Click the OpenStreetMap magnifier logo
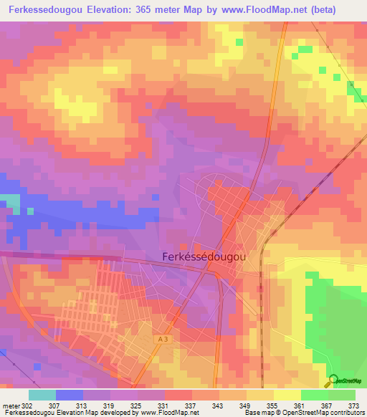tap(333, 380)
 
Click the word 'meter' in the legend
tap(10, 405)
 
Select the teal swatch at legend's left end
tap(42, 395)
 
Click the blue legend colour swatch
tap(70, 395)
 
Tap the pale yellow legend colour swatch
tap(287, 395)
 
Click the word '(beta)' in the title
tap(337, 11)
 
